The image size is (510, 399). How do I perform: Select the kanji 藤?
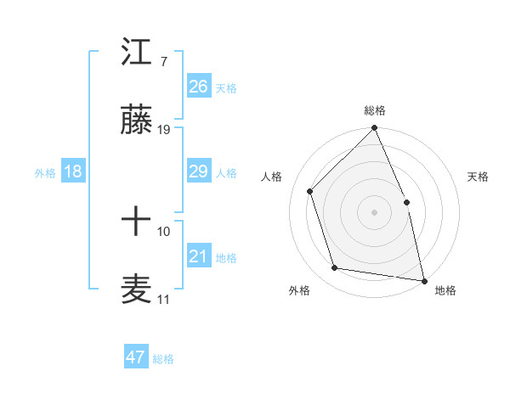[137, 124]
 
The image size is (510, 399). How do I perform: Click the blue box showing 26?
[199, 87]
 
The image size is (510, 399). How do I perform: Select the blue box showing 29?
[199, 171]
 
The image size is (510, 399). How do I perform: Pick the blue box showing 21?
[199, 256]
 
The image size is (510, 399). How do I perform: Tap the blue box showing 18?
[73, 171]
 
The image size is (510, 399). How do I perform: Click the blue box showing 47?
[136, 357]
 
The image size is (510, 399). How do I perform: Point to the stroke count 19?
[164, 130]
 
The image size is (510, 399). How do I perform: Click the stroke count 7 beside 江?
[163, 62]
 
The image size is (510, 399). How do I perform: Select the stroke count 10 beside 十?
[164, 231]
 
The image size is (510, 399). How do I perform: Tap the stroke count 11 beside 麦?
[163, 300]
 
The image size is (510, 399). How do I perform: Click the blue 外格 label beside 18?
[45, 172]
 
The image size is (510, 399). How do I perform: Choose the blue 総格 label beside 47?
[163, 359]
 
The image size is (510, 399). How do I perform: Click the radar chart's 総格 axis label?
[374, 110]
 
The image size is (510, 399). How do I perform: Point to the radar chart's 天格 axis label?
[479, 177]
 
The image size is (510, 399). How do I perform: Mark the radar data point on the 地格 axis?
[424, 280]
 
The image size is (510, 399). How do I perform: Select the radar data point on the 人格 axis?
[310, 191]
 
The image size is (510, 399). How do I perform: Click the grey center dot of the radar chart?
[374, 211]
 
